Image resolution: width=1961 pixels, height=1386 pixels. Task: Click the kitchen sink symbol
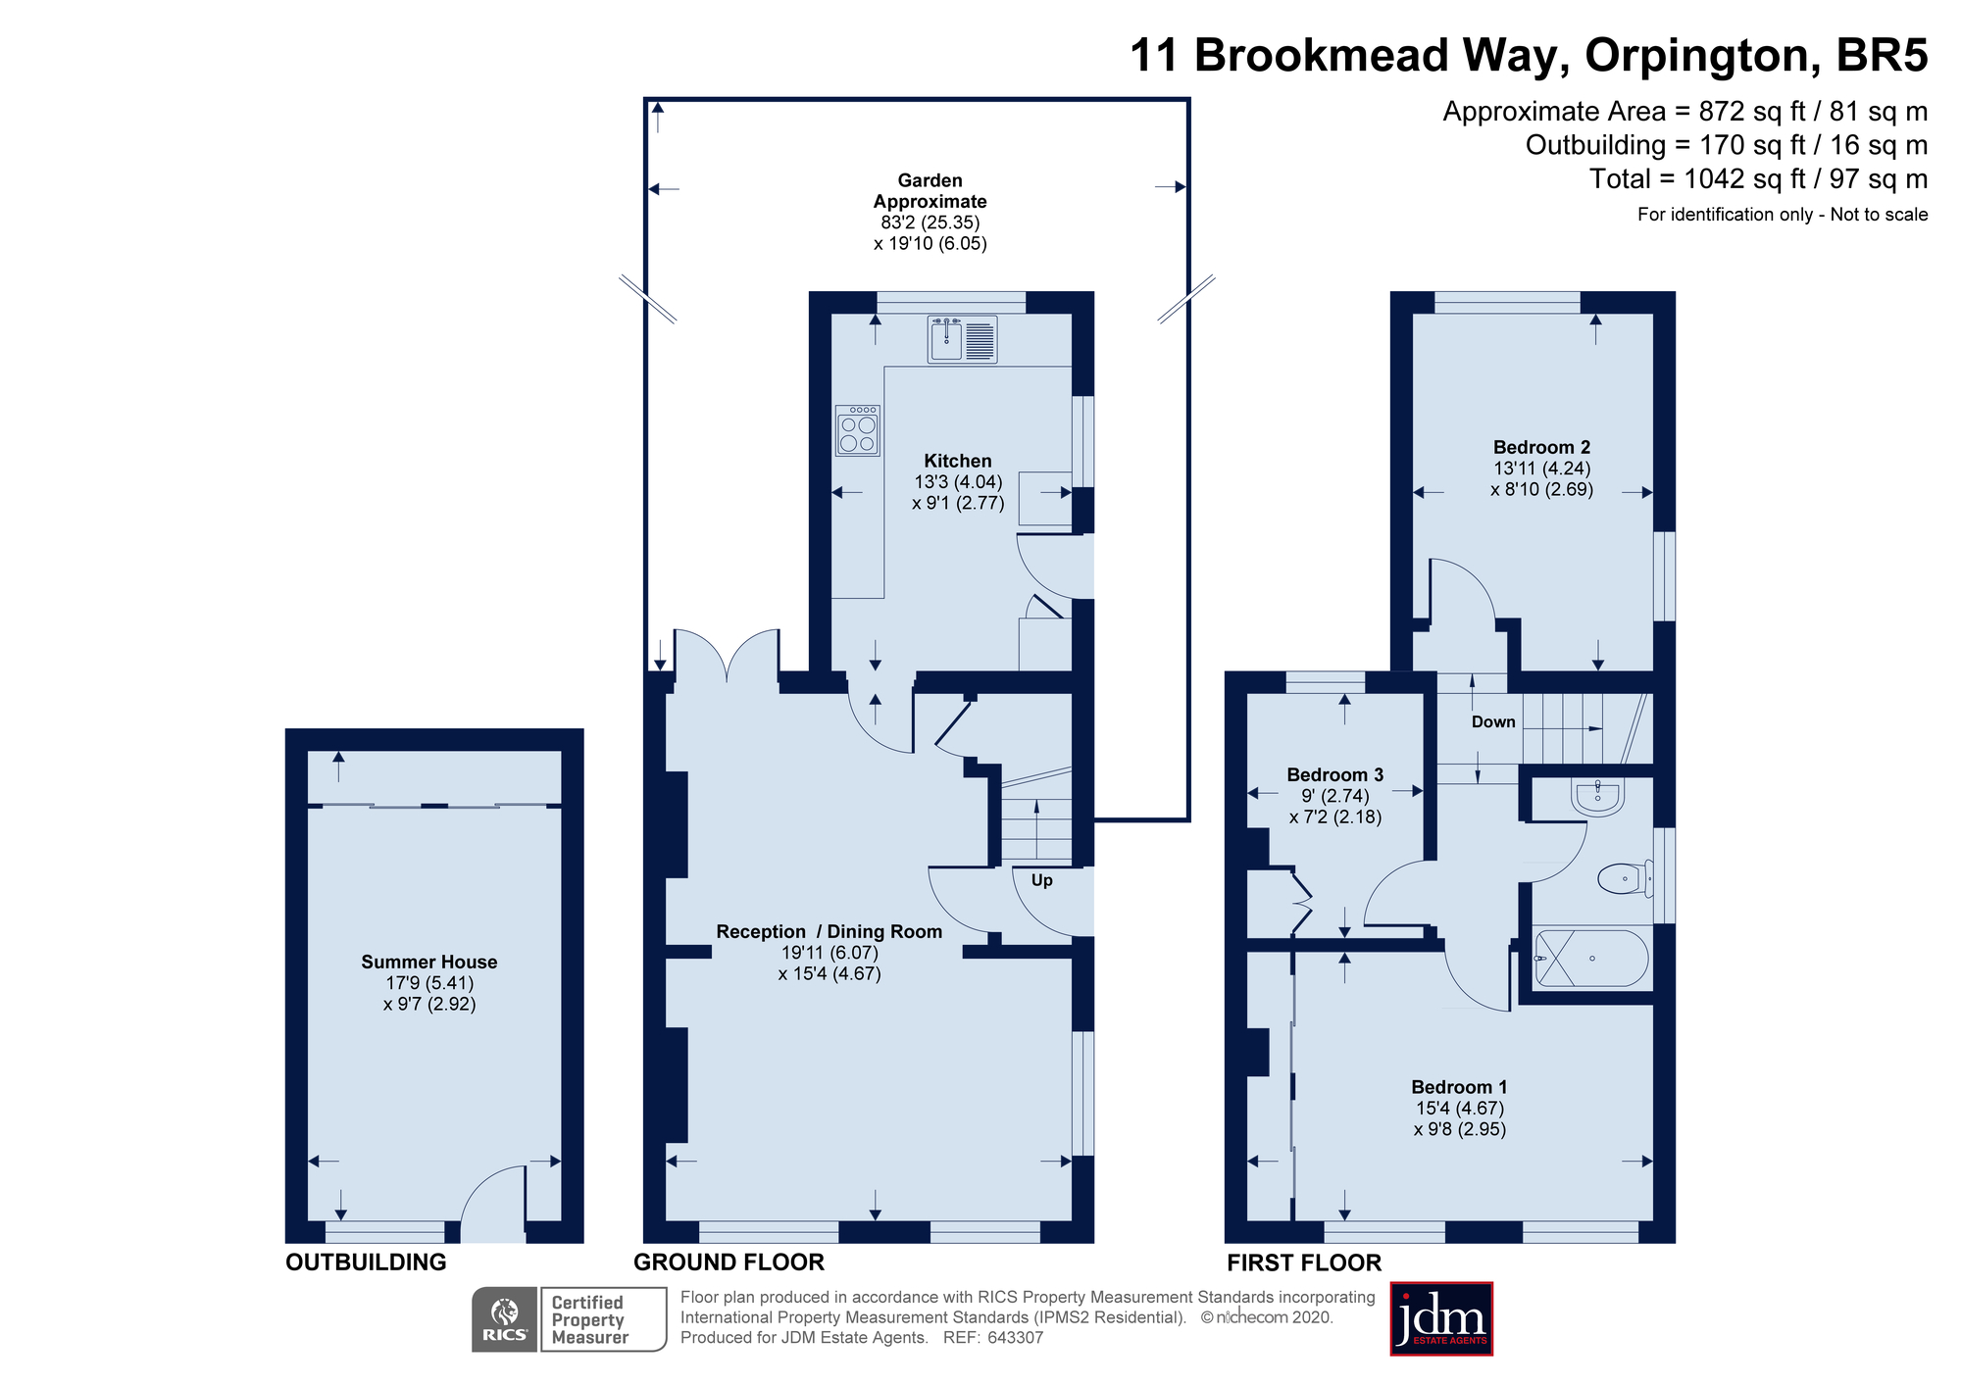(962, 339)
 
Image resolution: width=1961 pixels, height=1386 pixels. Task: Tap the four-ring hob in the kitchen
(858, 431)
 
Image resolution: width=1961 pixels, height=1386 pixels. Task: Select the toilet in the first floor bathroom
(1624, 877)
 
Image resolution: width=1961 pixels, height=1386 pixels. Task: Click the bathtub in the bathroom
(1591, 959)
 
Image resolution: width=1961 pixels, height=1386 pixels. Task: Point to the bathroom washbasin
(1597, 796)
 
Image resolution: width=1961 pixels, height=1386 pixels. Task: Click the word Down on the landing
(1492, 722)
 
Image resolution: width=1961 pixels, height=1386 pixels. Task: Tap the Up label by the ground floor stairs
(1041, 880)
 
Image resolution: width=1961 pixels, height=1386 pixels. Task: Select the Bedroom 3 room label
(1334, 774)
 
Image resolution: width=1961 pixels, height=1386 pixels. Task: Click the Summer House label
(428, 962)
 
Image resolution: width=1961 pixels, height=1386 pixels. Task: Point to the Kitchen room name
(957, 461)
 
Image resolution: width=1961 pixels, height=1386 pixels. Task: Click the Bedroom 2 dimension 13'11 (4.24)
(1541, 469)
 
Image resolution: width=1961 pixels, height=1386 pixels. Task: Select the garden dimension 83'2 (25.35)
(930, 223)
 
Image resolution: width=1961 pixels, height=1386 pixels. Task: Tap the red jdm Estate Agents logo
(1440, 1318)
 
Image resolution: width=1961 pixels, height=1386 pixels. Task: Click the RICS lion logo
(504, 1318)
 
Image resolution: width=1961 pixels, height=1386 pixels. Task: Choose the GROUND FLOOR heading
(729, 1262)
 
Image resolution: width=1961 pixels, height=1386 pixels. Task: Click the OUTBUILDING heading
(366, 1262)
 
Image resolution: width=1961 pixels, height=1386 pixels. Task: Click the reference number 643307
(1015, 1337)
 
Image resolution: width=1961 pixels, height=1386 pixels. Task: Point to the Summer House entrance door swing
(493, 1201)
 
